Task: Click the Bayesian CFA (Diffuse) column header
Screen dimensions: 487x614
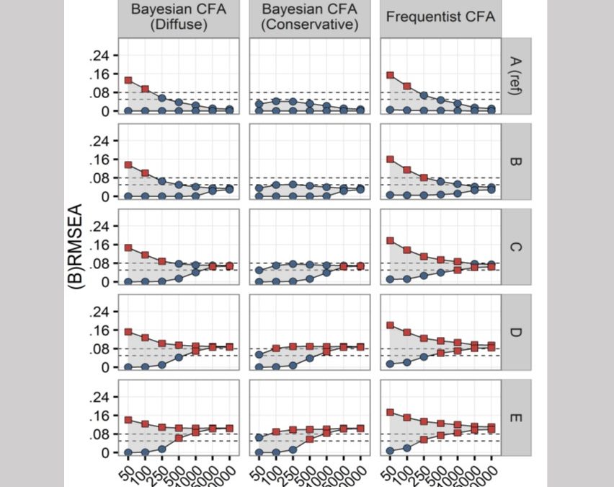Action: tap(178, 17)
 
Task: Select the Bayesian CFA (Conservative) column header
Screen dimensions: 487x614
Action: tap(309, 17)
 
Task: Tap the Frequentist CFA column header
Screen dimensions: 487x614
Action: tap(440, 17)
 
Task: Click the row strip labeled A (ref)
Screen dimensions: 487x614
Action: tap(517, 75)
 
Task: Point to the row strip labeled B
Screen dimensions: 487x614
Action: tap(517, 161)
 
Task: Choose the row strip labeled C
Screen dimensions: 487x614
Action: tap(517, 247)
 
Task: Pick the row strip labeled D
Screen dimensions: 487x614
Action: tap(517, 332)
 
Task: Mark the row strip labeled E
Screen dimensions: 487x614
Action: tap(517, 417)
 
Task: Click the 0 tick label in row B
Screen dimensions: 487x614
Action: tap(105, 196)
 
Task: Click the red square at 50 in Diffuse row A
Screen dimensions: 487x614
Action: tap(128, 80)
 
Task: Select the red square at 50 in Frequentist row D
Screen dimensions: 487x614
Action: tap(391, 325)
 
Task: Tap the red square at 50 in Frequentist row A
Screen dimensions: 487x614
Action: tap(391, 75)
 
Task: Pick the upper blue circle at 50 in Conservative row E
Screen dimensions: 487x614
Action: tap(259, 437)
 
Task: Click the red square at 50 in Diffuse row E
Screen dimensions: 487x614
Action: tap(128, 420)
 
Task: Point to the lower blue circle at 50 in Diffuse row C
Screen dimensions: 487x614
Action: tap(128, 281)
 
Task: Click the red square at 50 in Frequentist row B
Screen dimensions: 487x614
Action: tap(391, 159)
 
